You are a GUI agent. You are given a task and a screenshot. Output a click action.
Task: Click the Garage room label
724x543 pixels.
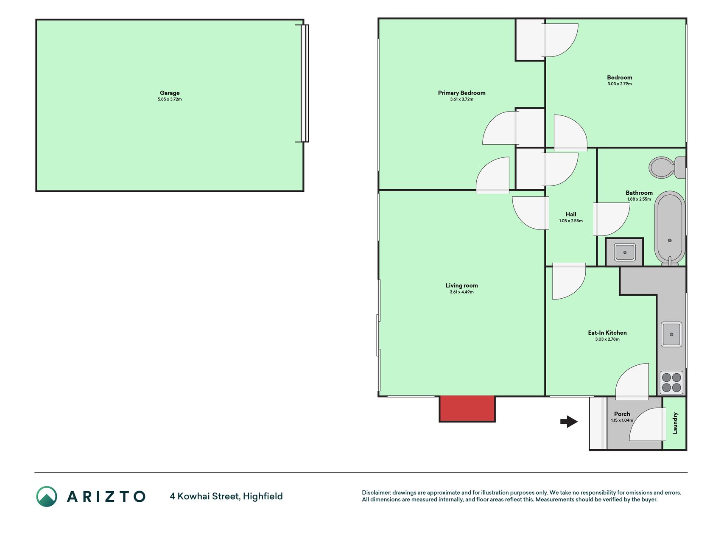170,93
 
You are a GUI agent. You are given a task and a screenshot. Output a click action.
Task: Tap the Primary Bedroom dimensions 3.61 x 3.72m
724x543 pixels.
461,99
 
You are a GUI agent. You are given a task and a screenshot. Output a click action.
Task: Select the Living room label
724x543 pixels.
461,285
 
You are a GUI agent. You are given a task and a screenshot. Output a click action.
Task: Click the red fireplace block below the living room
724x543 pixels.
467,409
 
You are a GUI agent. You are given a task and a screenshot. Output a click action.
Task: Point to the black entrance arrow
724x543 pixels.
569,422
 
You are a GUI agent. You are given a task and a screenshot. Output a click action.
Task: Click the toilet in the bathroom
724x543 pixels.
667,168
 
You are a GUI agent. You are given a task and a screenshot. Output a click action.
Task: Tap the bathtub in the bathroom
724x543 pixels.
670,229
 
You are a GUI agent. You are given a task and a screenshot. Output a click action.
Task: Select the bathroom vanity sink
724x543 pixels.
624,252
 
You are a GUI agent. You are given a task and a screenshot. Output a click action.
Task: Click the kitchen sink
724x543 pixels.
671,334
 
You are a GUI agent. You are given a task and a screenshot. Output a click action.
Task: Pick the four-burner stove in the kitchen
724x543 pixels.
671,382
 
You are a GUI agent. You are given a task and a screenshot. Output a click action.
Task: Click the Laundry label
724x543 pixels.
675,423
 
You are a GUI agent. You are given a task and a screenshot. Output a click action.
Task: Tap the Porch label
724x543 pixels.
622,414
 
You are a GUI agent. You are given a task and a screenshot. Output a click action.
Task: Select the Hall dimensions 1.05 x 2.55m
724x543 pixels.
571,221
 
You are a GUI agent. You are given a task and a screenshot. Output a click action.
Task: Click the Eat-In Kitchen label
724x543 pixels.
607,333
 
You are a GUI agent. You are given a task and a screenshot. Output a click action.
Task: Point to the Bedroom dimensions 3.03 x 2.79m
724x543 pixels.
619,84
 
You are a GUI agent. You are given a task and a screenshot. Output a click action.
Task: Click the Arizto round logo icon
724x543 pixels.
47,496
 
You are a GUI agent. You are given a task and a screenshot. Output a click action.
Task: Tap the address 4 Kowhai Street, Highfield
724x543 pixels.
226,496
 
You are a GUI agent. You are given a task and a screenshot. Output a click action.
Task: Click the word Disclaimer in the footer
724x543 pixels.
376,493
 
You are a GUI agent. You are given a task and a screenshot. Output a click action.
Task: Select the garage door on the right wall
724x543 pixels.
305,83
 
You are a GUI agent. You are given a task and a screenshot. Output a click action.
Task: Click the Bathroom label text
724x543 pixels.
639,193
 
